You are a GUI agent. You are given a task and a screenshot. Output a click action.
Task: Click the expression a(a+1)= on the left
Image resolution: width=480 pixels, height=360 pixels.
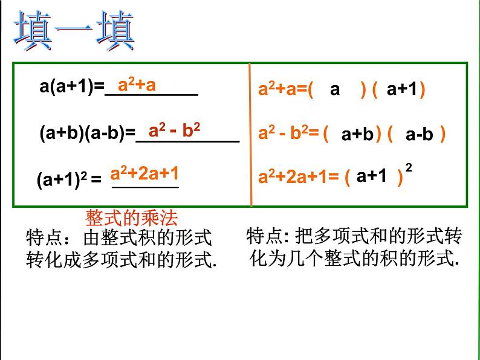click(72, 88)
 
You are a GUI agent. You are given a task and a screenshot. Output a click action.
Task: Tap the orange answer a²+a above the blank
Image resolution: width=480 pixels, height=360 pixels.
click(137, 85)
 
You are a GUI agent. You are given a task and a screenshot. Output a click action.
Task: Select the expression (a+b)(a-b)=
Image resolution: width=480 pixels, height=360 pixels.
click(87, 133)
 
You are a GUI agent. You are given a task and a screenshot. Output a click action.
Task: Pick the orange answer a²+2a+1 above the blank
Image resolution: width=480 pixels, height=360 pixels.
click(144, 174)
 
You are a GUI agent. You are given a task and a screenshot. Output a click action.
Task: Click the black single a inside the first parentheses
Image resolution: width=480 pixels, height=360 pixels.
click(335, 90)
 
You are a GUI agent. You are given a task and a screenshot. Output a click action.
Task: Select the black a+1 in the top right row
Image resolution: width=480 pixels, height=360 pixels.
click(402, 90)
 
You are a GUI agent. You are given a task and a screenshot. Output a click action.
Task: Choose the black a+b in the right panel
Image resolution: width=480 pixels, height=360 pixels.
click(357, 135)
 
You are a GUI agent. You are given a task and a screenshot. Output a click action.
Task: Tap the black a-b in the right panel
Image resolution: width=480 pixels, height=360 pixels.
click(420, 135)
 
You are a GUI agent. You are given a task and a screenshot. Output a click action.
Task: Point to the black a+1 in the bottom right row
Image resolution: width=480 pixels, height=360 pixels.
click(371, 176)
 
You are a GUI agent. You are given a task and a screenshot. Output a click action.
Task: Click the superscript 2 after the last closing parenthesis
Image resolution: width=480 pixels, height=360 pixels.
click(409, 169)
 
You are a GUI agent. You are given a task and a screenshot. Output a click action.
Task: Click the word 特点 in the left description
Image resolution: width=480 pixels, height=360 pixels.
click(42, 236)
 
